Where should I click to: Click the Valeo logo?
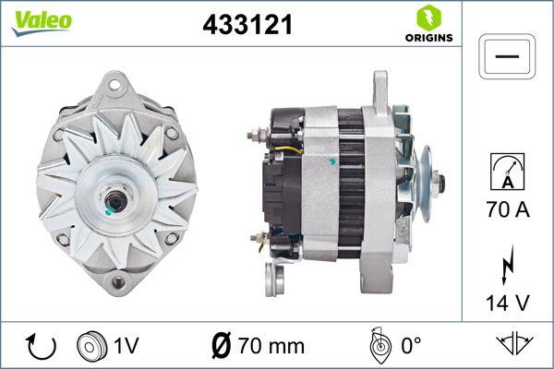click(x=41, y=21)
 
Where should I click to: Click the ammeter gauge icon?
click(x=508, y=172)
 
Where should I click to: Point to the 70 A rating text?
click(x=508, y=211)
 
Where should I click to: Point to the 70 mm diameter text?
click(x=271, y=347)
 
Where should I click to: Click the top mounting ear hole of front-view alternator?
click(x=115, y=85)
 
